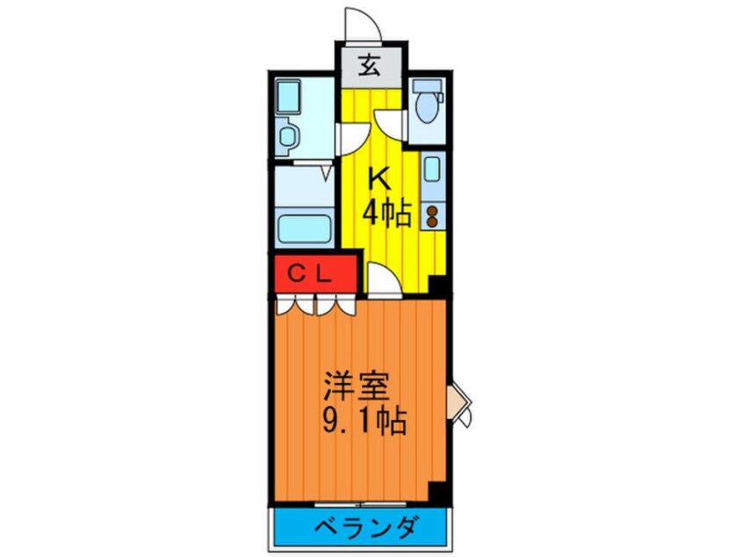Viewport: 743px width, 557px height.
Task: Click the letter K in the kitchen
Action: pos(378,179)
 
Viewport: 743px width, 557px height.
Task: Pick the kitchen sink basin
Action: pos(431,174)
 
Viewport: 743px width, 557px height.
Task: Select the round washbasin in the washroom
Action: pos(286,136)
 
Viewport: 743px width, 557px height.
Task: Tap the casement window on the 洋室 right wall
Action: pos(459,404)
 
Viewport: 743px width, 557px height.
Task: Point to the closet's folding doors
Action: pos(314,305)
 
